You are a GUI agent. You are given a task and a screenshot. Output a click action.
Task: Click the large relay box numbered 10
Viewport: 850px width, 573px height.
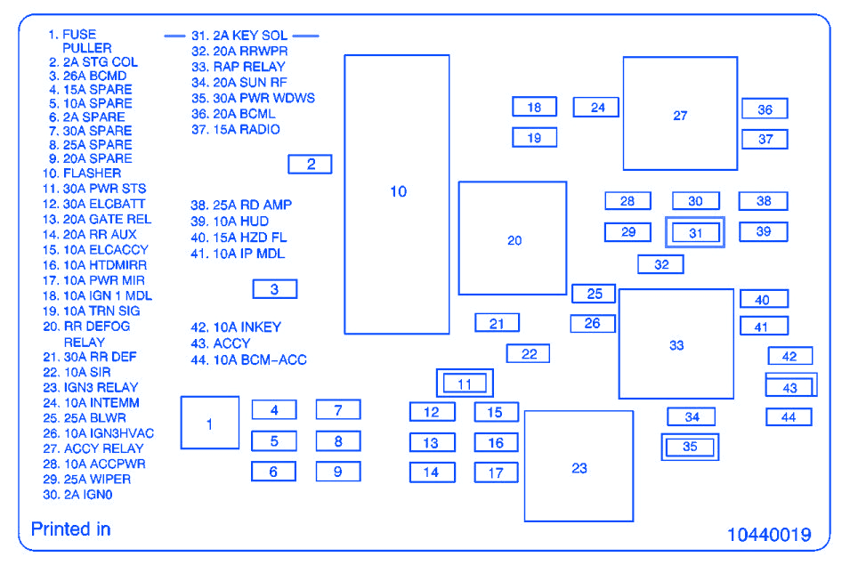pyautogui.click(x=397, y=194)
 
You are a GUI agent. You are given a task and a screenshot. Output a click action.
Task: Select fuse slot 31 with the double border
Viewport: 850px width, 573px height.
pyautogui.click(x=695, y=233)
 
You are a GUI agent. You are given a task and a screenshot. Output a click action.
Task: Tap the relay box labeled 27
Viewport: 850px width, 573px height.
pyautogui.click(x=680, y=114)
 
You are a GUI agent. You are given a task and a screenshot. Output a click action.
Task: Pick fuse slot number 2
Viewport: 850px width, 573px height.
pyautogui.click(x=310, y=164)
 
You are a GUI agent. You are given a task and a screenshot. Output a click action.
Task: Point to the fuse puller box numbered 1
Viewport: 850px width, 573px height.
pyautogui.click(x=210, y=423)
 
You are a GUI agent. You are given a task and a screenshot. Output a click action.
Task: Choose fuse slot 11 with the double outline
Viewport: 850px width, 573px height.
pyautogui.click(x=465, y=383)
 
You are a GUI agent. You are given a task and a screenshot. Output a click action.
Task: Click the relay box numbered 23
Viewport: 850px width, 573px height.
pyautogui.click(x=579, y=466)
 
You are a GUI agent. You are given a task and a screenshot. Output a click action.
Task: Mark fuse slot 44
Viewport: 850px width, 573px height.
pyautogui.click(x=789, y=416)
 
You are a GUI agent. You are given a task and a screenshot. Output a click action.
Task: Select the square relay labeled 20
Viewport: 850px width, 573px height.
pyautogui.click(x=513, y=238)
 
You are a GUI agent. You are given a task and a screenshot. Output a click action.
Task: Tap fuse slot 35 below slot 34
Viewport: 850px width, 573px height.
pyautogui.click(x=690, y=447)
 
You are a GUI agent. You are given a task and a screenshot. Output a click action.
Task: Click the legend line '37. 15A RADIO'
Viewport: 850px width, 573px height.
pyautogui.click(x=235, y=130)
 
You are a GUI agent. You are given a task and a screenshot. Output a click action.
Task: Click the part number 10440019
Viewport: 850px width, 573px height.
pyautogui.click(x=769, y=535)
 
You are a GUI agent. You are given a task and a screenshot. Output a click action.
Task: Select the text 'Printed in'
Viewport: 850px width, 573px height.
pyautogui.click(x=70, y=529)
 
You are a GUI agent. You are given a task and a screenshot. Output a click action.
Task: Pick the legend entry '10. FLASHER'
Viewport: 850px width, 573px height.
pyautogui.click(x=81, y=174)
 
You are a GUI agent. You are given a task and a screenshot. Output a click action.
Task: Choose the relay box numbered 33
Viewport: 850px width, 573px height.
pyautogui.click(x=676, y=344)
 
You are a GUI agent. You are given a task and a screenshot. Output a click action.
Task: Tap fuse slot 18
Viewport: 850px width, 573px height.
pyautogui.click(x=534, y=108)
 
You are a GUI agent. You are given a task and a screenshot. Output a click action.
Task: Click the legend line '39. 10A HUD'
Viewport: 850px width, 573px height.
pyautogui.click(x=230, y=222)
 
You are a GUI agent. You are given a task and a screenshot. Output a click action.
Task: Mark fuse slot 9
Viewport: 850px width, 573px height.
pyautogui.click(x=338, y=472)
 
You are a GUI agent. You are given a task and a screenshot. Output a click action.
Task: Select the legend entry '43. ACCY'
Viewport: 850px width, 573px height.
pyautogui.click(x=221, y=343)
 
